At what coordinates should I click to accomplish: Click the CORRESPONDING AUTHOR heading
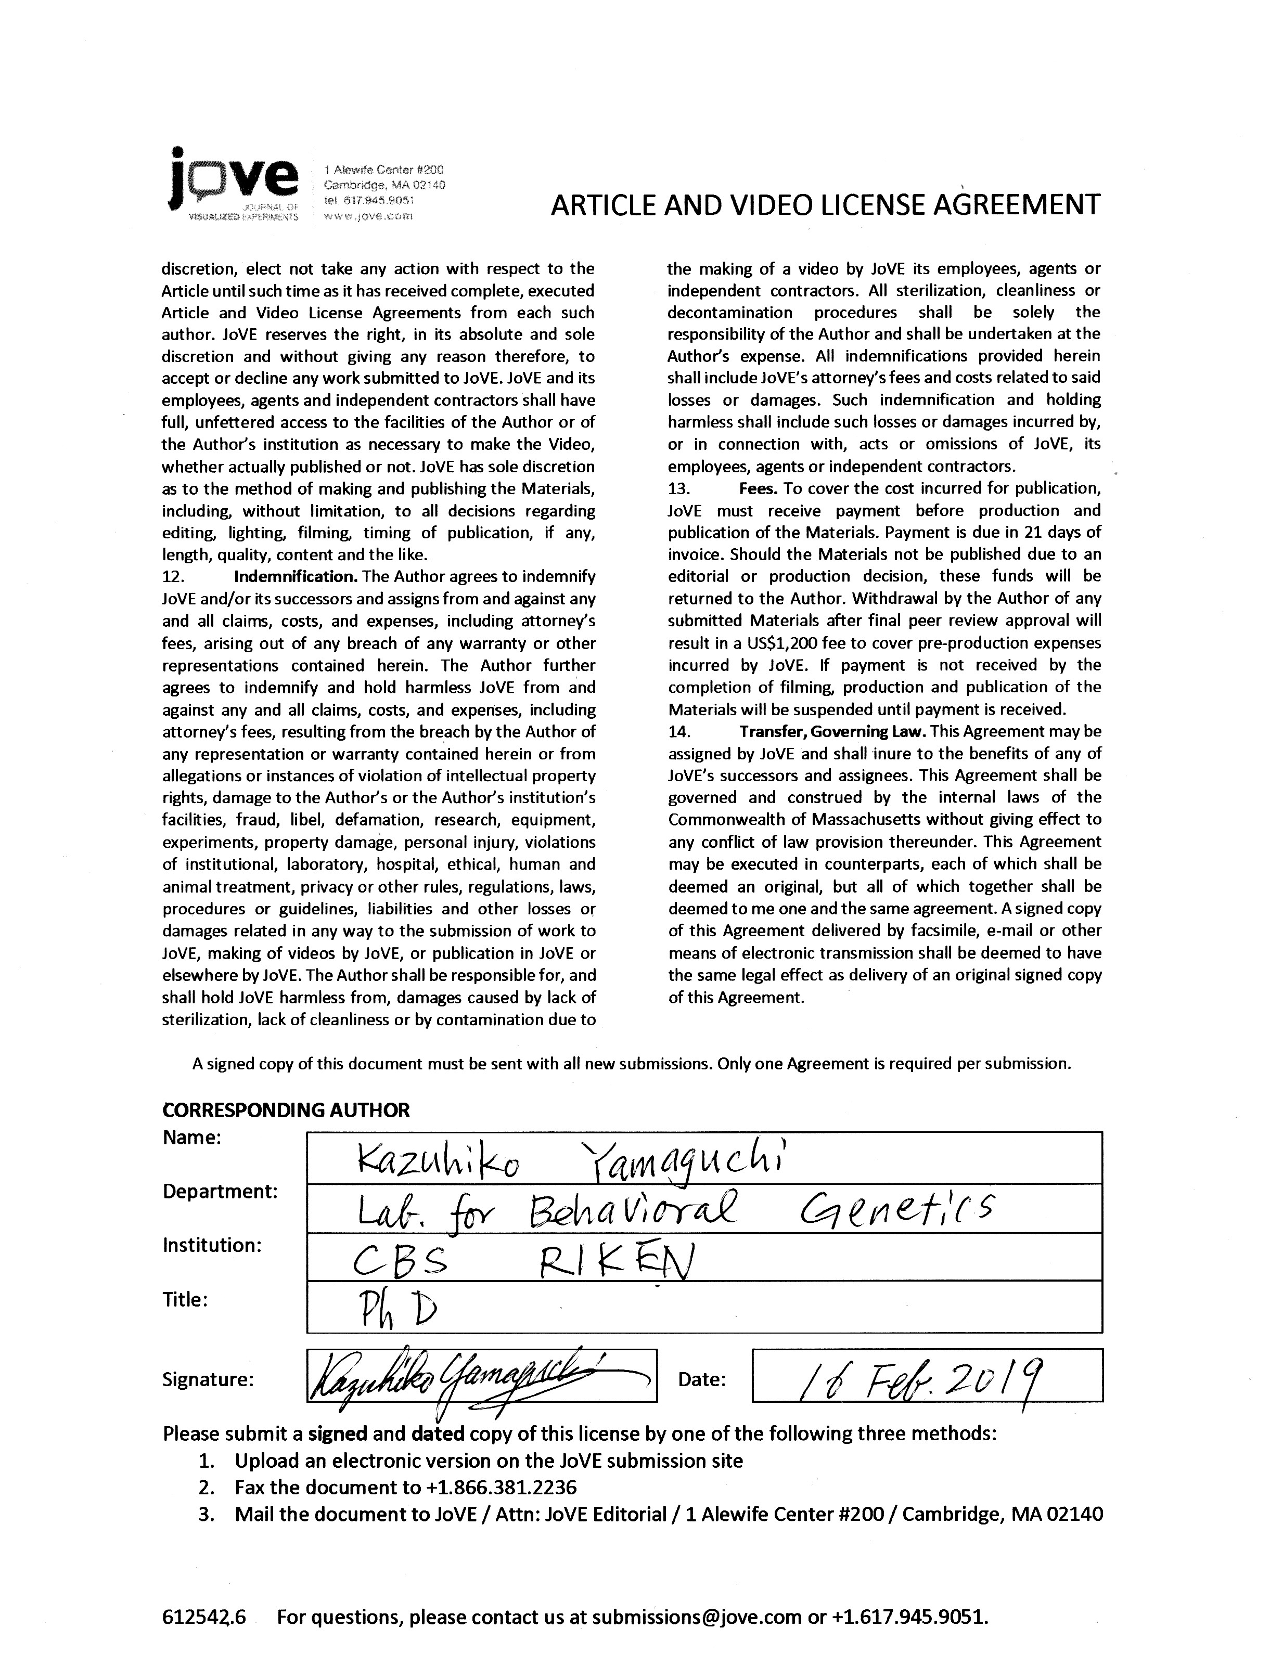286,1110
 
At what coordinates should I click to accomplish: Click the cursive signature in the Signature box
476,1380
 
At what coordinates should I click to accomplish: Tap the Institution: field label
212,1245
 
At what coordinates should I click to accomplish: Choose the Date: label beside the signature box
701,1380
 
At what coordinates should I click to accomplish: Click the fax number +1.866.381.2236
501,1488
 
